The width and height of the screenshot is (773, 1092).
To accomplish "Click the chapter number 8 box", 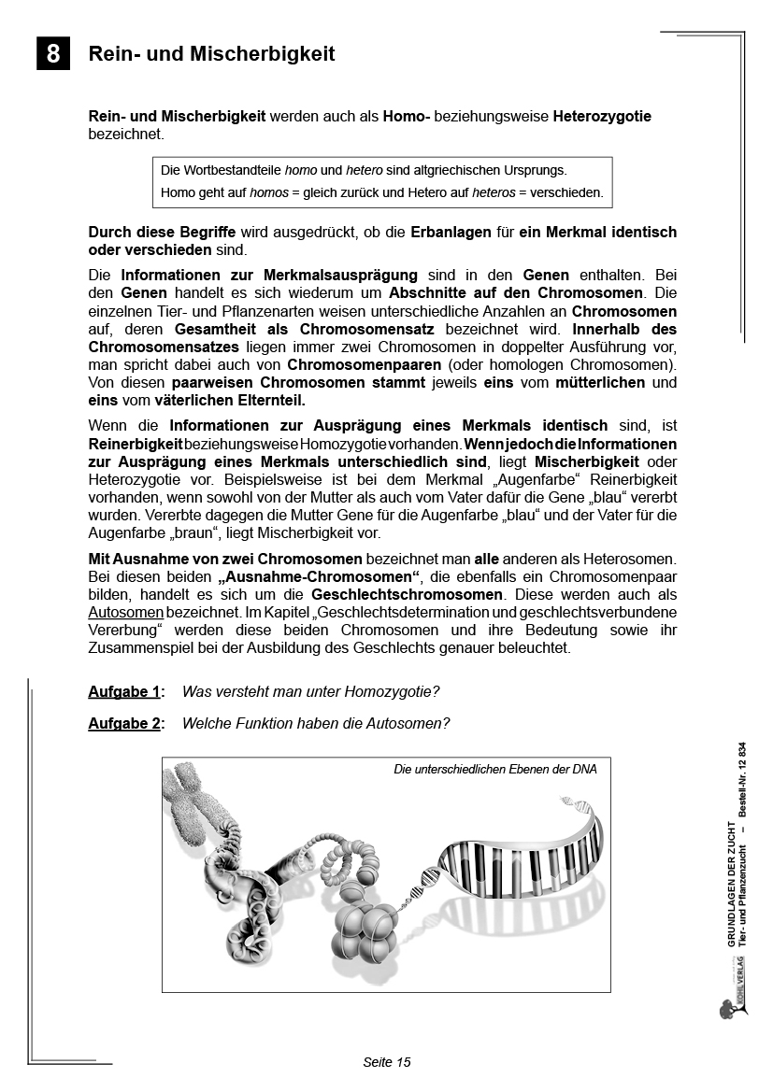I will pyautogui.click(x=53, y=54).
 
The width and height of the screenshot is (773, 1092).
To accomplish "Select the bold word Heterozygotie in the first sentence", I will pyautogui.click(x=602, y=117).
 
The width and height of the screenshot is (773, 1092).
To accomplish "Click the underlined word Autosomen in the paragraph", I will pyautogui.click(x=126, y=612).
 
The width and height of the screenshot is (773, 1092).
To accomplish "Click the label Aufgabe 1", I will pyautogui.click(x=124, y=692).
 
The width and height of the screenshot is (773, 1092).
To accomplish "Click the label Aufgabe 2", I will pyautogui.click(x=124, y=723).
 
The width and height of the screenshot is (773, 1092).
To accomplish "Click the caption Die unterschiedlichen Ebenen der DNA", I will pyautogui.click(x=495, y=770).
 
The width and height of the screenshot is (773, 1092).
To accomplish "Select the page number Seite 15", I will pyautogui.click(x=386, y=1062).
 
